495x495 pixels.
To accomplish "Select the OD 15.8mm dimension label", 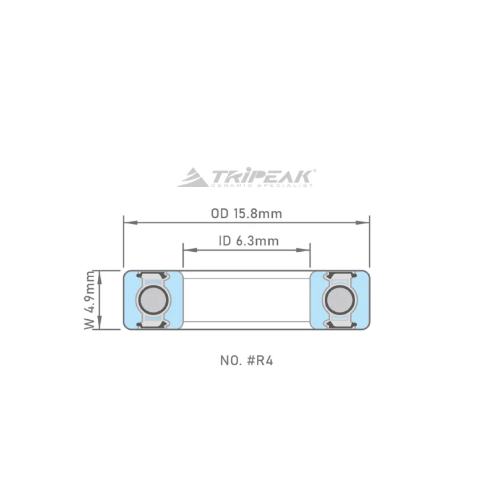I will pos(246,214).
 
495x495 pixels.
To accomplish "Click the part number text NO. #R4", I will pos(246,360).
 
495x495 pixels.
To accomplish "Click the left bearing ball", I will pos(152,299).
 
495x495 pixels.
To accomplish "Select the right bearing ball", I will pos(340,299).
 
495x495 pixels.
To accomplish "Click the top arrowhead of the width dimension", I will pos(100,273).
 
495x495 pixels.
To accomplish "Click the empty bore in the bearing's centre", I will pos(246,299).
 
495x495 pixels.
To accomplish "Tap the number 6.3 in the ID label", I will pos(244,241).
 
